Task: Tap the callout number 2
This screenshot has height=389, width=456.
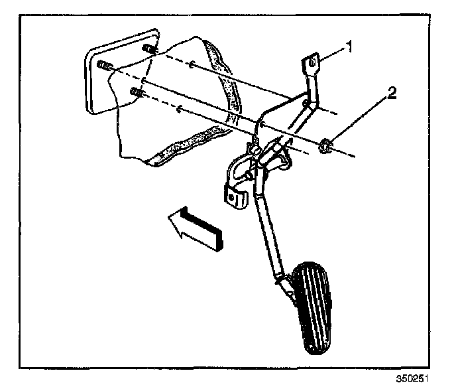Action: [392, 94]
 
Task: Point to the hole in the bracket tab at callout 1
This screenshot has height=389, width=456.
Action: [312, 65]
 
